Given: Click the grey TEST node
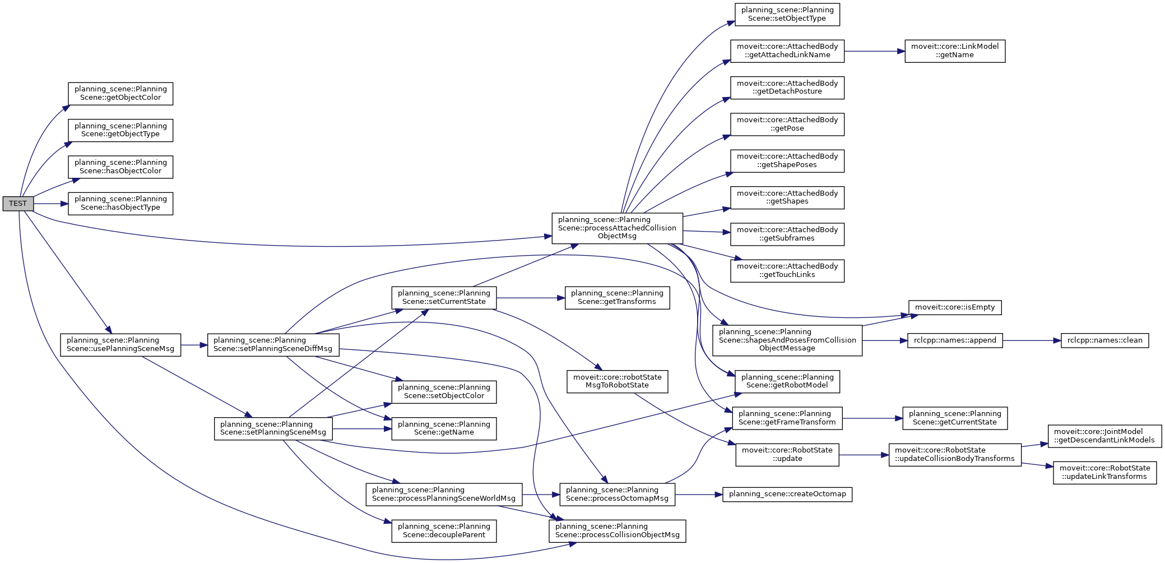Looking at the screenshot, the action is pyautogui.click(x=18, y=204).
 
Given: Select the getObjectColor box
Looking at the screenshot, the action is pyautogui.click(x=120, y=94).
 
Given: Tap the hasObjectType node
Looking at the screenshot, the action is pyautogui.click(x=120, y=204).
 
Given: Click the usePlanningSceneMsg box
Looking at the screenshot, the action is pyautogui.click(x=120, y=345).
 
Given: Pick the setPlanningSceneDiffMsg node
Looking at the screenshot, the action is pyautogui.click(x=273, y=345).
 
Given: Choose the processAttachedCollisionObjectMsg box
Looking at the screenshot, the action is pyautogui.click(x=617, y=228).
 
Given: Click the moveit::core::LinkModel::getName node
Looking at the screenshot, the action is pyautogui.click(x=955, y=51).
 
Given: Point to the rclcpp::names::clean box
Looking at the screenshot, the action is pyautogui.click(x=1104, y=340).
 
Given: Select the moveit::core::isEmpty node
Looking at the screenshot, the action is pyautogui.click(x=955, y=307).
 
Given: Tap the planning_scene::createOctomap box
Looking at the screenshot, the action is pyautogui.click(x=787, y=494).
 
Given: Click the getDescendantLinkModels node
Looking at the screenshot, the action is pyautogui.click(x=1104, y=436).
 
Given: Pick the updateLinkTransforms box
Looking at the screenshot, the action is pyautogui.click(x=1104, y=473).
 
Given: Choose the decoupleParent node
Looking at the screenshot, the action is pyautogui.click(x=444, y=530).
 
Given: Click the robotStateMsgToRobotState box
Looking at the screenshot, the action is pyautogui.click(x=617, y=381).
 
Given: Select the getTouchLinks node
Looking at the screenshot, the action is pyautogui.click(x=787, y=271).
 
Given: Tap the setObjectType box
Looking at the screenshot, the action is pyautogui.click(x=787, y=15).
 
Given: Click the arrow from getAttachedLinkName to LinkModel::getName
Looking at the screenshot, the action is pyautogui.click(x=875, y=52).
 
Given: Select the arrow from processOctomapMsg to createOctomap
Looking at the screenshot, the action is pyautogui.click(x=699, y=495).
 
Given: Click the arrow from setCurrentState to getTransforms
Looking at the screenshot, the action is pyautogui.click(x=531, y=298).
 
